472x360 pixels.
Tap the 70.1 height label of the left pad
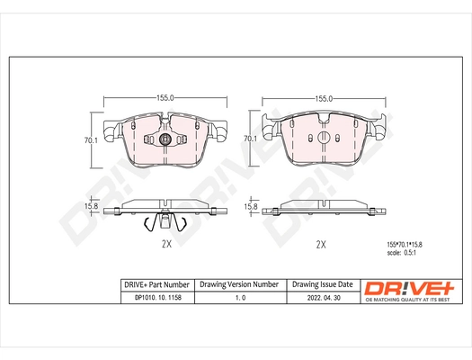[90, 139]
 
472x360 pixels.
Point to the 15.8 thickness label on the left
[90, 208]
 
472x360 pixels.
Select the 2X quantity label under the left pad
[165, 244]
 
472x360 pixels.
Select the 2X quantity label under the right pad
[321, 244]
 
